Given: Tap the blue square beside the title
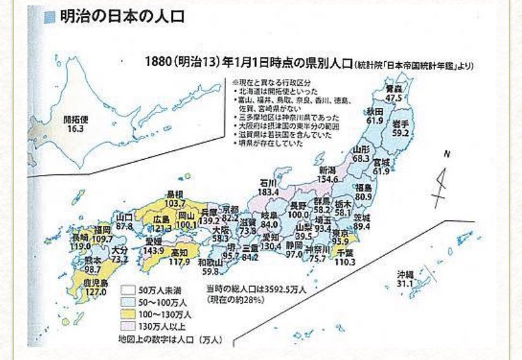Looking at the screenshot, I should click(50, 17).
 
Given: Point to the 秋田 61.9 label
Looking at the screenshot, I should click(374, 116).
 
